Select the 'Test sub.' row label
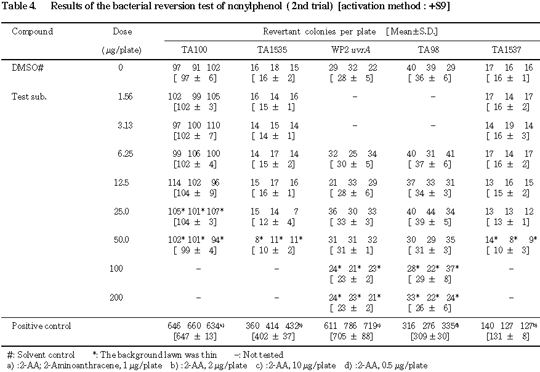(30, 97)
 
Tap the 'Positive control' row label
(41, 326)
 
